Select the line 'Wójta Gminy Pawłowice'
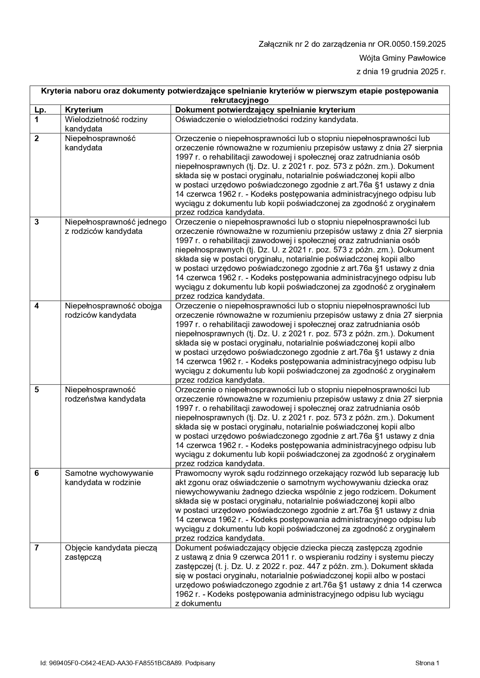[x=402, y=58]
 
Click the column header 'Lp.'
[x=40, y=110]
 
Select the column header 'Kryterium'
[x=84, y=110]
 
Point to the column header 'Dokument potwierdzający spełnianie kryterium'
[x=265, y=110]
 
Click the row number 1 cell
[x=37, y=119]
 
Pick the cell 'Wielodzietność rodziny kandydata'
[x=106, y=124]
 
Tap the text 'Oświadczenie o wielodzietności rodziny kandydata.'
[x=266, y=119]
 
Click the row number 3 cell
[x=37, y=222]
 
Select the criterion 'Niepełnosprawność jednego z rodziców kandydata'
[x=115, y=227]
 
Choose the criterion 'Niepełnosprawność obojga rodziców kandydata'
[x=113, y=310]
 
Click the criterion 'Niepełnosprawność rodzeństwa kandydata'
[x=105, y=394]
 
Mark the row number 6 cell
[x=37, y=473]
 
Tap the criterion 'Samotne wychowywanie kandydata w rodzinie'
[x=109, y=478]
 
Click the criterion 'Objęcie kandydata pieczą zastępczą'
[x=111, y=552]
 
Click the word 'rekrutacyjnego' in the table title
[x=239, y=100]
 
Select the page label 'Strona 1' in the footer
[x=427, y=663]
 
